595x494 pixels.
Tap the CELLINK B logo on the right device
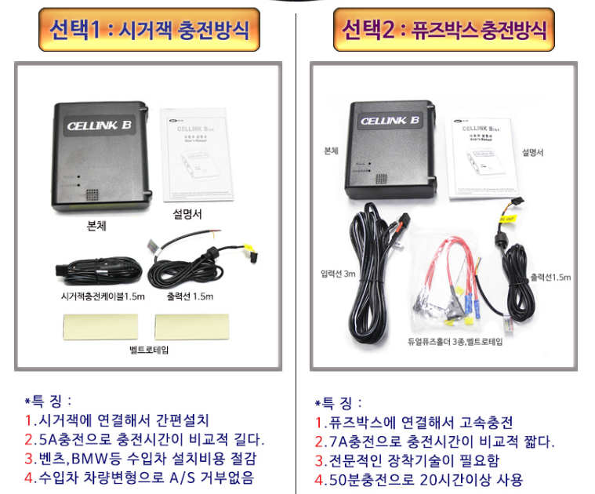(x=389, y=121)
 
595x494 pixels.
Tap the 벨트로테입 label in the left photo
(x=148, y=349)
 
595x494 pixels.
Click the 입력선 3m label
(x=338, y=274)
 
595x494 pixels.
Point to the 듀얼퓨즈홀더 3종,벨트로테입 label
(x=455, y=342)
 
